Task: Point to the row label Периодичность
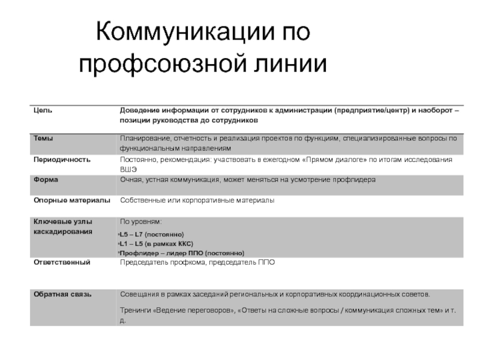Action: [62, 160]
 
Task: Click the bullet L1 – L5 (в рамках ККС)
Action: [155, 244]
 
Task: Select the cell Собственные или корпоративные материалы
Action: [197, 200]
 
